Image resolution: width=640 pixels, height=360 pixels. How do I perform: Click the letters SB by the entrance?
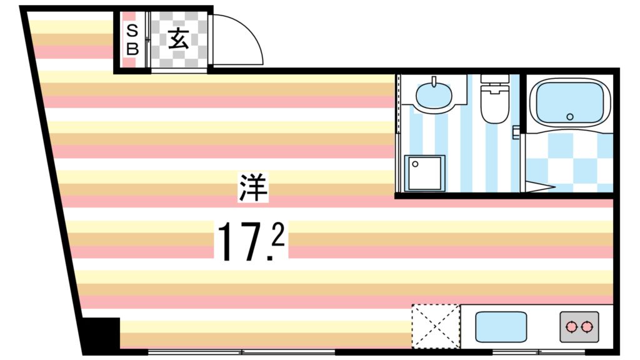click(131, 39)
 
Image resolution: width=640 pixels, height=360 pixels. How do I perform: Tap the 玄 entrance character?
click(178, 39)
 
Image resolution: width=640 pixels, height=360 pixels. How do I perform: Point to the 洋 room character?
click(253, 187)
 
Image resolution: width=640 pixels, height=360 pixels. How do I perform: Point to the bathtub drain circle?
click(569, 117)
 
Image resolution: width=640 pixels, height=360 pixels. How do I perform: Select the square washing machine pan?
click(424, 172)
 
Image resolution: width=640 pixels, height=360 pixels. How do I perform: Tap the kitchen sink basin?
click(500, 327)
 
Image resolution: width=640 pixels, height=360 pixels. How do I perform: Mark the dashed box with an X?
click(436, 325)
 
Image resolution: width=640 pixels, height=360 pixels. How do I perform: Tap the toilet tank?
click(494, 82)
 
